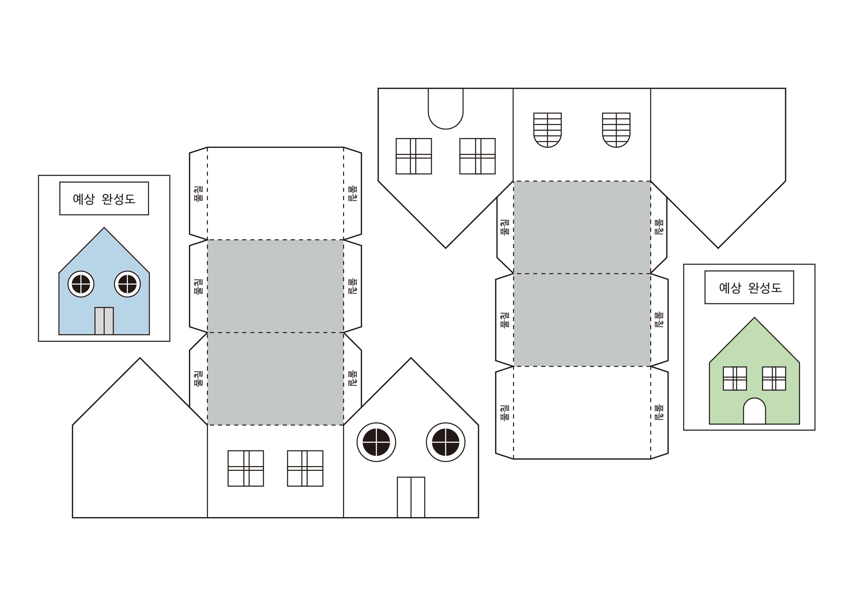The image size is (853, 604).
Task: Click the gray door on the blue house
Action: tap(104, 321)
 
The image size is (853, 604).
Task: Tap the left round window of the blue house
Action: tap(81, 284)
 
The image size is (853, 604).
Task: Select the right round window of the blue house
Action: tap(127, 284)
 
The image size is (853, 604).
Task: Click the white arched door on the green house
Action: tap(754, 411)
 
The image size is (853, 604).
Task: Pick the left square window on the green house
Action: tap(735, 379)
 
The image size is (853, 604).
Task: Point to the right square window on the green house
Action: tap(774, 379)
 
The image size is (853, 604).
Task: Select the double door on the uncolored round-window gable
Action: tap(411, 497)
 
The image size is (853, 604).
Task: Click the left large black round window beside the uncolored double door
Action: tap(376, 442)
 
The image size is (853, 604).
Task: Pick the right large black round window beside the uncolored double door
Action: tap(446, 442)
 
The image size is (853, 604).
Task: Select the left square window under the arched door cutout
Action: tap(414, 156)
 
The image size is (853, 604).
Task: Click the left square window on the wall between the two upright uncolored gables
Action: tap(246, 469)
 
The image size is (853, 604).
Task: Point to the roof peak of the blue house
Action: tap(104, 228)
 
